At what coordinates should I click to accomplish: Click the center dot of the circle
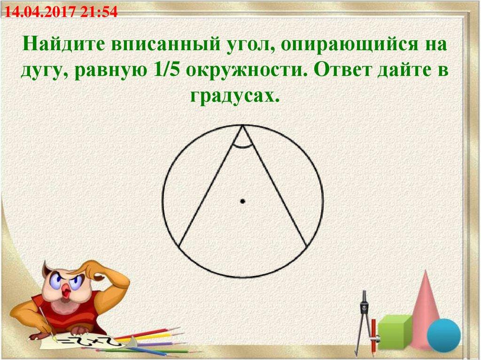(x=242, y=201)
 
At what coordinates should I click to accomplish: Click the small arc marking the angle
(x=242, y=147)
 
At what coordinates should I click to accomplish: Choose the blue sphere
(x=443, y=335)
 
